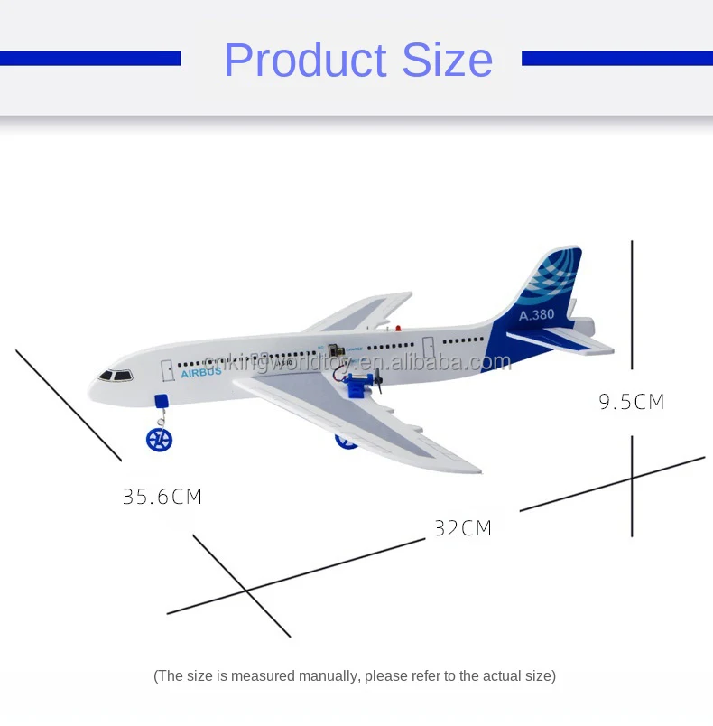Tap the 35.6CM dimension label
click(x=162, y=497)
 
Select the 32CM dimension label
click(x=463, y=528)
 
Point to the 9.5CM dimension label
click(x=632, y=402)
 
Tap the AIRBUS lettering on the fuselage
click(x=200, y=373)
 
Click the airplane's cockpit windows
click(x=116, y=375)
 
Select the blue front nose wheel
click(x=159, y=440)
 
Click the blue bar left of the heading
click(x=90, y=59)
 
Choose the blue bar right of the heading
click(x=616, y=59)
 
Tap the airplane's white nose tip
click(x=92, y=393)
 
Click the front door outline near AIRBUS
click(x=168, y=370)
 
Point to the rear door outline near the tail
click(x=429, y=346)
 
